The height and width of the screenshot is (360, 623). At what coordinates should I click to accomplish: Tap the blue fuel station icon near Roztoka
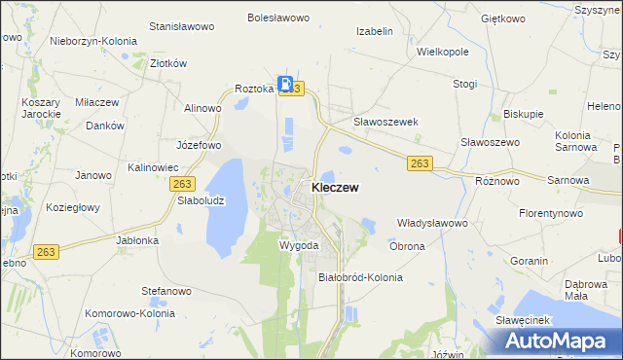pyautogui.click(x=285, y=84)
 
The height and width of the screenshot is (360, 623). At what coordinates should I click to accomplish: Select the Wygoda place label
pyautogui.click(x=299, y=245)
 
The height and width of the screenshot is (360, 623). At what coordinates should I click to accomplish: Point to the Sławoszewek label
pyautogui.click(x=385, y=122)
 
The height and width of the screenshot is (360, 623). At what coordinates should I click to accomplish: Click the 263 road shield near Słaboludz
pyautogui.click(x=181, y=183)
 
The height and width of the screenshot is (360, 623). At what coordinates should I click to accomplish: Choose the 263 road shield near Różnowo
pyautogui.click(x=420, y=163)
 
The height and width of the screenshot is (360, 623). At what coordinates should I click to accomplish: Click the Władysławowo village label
pyautogui.click(x=433, y=223)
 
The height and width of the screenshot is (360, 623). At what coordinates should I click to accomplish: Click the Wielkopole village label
pyautogui.click(x=443, y=51)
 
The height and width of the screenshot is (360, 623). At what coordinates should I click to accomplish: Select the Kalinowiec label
pyautogui.click(x=151, y=167)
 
